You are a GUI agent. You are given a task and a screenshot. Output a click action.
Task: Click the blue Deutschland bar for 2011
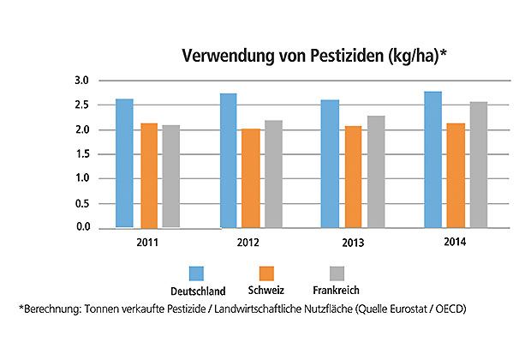click(125, 163)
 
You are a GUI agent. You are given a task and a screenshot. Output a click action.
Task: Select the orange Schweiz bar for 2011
click(150, 176)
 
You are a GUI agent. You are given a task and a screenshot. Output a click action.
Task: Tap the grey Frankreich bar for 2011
click(171, 177)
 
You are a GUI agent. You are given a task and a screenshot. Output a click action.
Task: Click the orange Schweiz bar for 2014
click(456, 176)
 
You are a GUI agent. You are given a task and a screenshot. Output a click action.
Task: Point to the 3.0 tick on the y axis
click(81, 81)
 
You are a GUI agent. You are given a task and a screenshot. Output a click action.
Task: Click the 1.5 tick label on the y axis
click(81, 154)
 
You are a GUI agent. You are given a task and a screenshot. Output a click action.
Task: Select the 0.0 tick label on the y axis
click(81, 227)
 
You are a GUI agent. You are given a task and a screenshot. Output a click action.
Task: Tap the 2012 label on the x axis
click(248, 243)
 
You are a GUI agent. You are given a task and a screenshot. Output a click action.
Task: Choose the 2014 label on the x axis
click(456, 243)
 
